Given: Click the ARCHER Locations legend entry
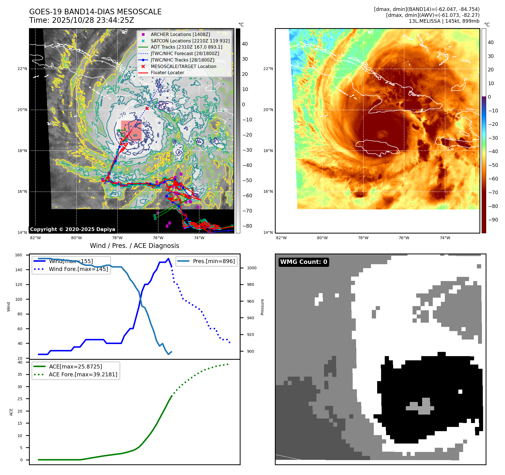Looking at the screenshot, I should pyautogui.click(x=180, y=34).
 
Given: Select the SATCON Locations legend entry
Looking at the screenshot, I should pyautogui.click(x=190, y=41).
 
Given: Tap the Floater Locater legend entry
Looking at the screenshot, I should pyautogui.click(x=167, y=73).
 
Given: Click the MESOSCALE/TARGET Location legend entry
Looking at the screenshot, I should pyautogui.click(x=183, y=66).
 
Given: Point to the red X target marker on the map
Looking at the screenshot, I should pyautogui.click(x=147, y=108).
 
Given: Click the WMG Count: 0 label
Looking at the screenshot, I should pyautogui.click(x=304, y=262).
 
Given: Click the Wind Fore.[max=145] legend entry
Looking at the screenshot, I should pyautogui.click(x=78, y=269).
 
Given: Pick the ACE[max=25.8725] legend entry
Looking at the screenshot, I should pyautogui.click(x=75, y=367).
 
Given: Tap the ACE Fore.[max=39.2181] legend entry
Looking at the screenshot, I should pyautogui.click(x=83, y=374).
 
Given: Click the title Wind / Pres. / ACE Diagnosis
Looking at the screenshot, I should pyautogui.click(x=134, y=246).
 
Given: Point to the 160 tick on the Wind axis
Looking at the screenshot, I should pyautogui.click(x=19, y=255).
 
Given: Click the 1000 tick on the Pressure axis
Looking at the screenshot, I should pyautogui.click(x=252, y=268).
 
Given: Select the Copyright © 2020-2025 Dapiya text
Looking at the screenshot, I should pyautogui.click(x=73, y=229).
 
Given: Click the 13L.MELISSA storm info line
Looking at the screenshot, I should pyautogui.click(x=444, y=21).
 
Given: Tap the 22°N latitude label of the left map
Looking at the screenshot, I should pyautogui.click(x=22, y=69).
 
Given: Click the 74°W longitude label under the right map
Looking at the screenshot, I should pyautogui.click(x=445, y=238).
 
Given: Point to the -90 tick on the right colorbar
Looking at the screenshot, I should pyautogui.click(x=493, y=220).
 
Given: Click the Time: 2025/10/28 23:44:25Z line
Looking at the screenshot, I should pyautogui.click(x=81, y=20).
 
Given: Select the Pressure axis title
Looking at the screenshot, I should pyautogui.click(x=262, y=307).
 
